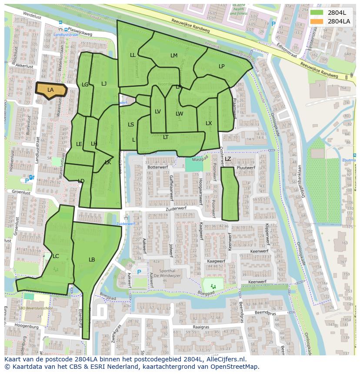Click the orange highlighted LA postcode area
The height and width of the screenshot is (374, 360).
[x=51, y=90]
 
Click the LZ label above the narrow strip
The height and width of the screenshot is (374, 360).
[x=228, y=159]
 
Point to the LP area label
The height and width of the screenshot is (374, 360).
[x=222, y=66]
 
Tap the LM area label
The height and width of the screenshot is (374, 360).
[x=174, y=56]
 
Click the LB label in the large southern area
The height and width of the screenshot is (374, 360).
[x=92, y=260]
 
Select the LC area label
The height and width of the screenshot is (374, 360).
[x=56, y=256]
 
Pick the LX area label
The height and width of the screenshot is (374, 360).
[x=209, y=123]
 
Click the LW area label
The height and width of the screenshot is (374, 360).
[x=179, y=114]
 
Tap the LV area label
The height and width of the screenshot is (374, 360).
[x=158, y=112]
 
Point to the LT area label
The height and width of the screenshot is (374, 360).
[x=166, y=137]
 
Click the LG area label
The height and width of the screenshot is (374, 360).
[x=85, y=85]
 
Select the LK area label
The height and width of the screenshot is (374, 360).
[x=108, y=162]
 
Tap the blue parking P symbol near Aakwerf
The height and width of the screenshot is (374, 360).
[x=139, y=272]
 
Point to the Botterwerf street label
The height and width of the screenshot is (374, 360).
[x=157, y=167]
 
